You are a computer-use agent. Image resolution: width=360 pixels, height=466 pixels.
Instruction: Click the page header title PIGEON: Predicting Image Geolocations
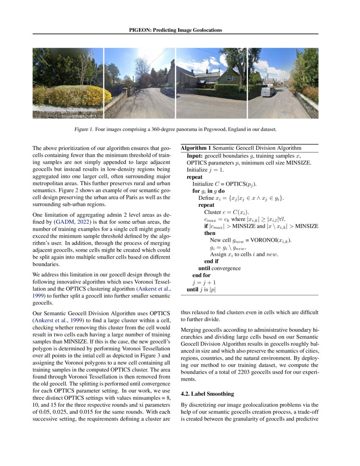pyautogui.click(x=175, y=30)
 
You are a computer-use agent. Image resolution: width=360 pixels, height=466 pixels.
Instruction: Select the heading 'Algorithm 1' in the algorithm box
pyautogui.click(x=196, y=148)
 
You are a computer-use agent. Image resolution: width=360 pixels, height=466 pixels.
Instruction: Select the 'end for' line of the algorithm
pyautogui.click(x=201, y=275)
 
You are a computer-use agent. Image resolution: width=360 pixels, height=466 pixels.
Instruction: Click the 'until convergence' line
pyautogui.click(x=219, y=268)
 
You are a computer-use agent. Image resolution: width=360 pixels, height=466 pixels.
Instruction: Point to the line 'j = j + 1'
pyautogui.click(x=202, y=282)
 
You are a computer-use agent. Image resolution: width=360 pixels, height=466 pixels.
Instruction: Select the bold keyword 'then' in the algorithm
pyautogui.click(x=210, y=233)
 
